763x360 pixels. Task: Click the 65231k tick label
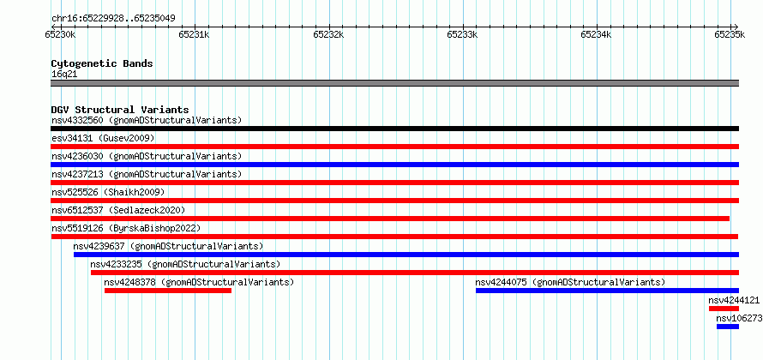point(194,34)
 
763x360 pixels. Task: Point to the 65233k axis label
point(462,34)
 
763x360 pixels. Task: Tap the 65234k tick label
point(596,34)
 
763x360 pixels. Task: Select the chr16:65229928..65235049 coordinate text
point(113,19)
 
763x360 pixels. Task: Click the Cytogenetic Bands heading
point(102,63)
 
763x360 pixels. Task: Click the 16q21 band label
point(64,75)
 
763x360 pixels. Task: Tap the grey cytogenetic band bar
point(394,83)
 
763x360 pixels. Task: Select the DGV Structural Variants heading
point(120,110)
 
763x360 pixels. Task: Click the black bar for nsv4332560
point(394,129)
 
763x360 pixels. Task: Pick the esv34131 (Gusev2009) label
point(103,138)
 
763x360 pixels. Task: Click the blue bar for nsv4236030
point(394,165)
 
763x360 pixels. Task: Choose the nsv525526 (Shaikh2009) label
point(108,192)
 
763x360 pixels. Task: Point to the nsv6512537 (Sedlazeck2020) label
point(118,210)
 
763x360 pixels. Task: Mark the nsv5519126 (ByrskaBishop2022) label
point(126,228)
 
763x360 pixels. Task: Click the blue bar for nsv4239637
point(406,255)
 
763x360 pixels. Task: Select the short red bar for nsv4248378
point(168,291)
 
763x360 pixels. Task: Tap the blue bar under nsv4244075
point(607,291)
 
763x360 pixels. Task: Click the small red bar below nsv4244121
point(724,309)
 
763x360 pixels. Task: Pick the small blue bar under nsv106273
point(728,327)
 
